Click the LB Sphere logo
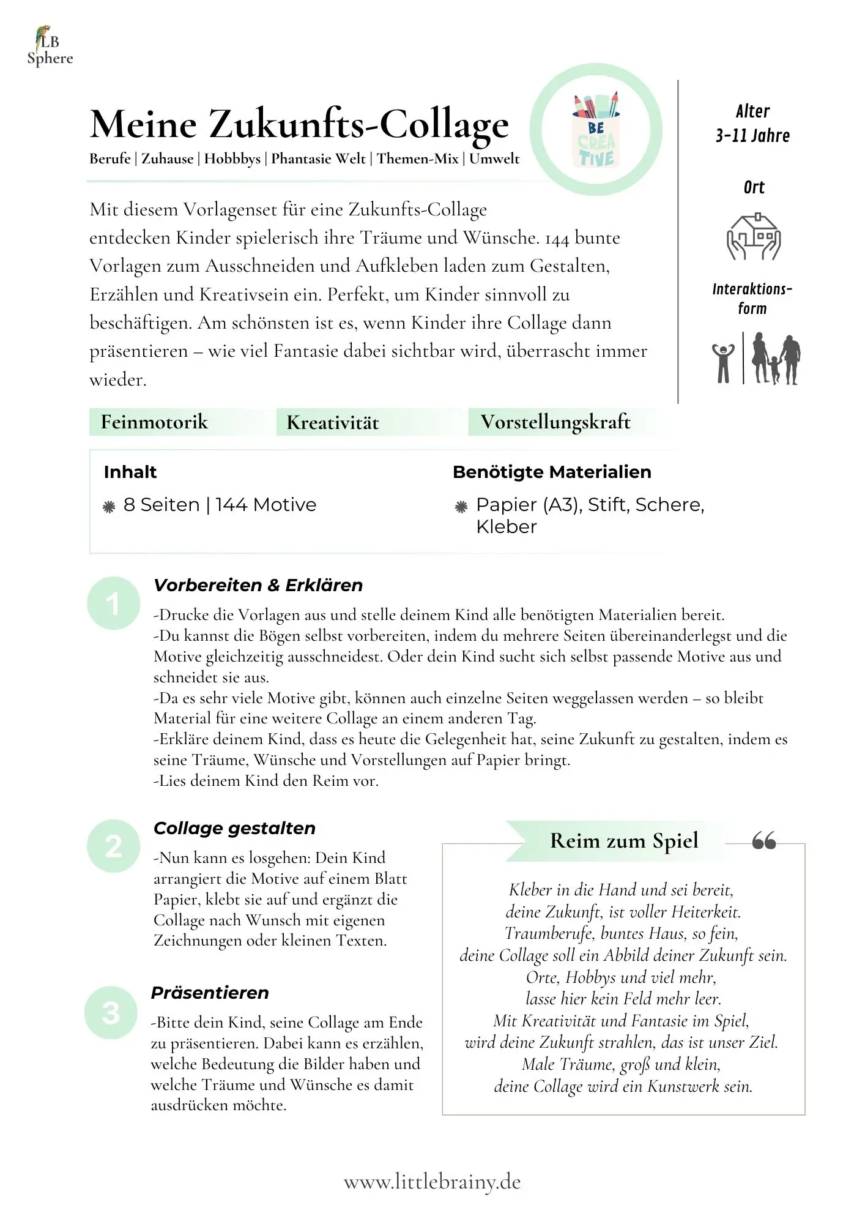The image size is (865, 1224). (49, 47)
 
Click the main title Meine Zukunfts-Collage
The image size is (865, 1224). (299, 124)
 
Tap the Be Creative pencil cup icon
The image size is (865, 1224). (596, 130)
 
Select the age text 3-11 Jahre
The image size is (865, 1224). (752, 136)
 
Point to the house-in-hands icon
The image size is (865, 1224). (753, 237)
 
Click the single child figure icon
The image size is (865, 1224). (723, 362)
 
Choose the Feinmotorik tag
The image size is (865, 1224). (154, 422)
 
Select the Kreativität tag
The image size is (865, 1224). (332, 422)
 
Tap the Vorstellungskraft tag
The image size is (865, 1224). (555, 422)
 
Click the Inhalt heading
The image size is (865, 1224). (130, 472)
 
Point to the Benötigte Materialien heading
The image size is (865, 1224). (552, 472)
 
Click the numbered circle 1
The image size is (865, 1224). (113, 603)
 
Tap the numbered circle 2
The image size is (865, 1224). (113, 846)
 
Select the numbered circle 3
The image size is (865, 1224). (111, 1013)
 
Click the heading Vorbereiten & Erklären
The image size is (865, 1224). (258, 585)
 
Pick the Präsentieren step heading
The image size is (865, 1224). (210, 993)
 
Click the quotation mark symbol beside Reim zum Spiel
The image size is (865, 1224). (764, 841)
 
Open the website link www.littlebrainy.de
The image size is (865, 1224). (432, 1182)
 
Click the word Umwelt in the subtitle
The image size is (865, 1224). (494, 159)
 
